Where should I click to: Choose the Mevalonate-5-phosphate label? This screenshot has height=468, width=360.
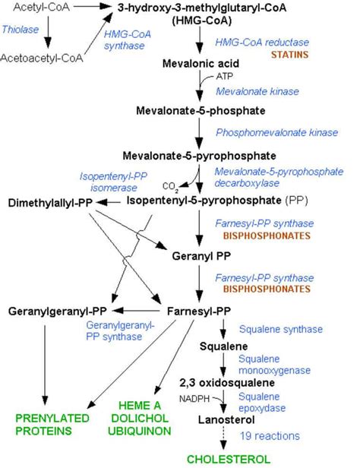[201, 111]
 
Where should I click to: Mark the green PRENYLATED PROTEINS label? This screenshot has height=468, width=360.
[45, 422]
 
